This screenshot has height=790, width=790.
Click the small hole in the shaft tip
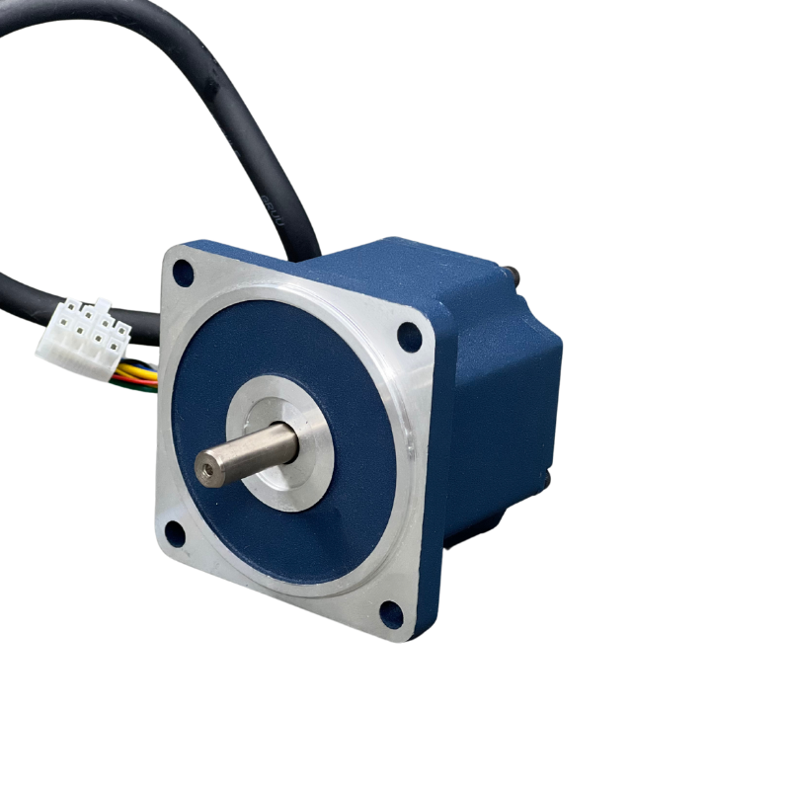click(207, 469)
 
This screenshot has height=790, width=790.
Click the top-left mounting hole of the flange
click(183, 273)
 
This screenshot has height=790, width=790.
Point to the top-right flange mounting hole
click(409, 337)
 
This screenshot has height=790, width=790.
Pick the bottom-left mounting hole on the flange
click(175, 534)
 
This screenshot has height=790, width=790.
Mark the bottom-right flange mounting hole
click(391, 614)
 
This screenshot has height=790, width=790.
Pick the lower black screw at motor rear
click(545, 480)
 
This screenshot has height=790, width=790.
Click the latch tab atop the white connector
click(99, 306)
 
